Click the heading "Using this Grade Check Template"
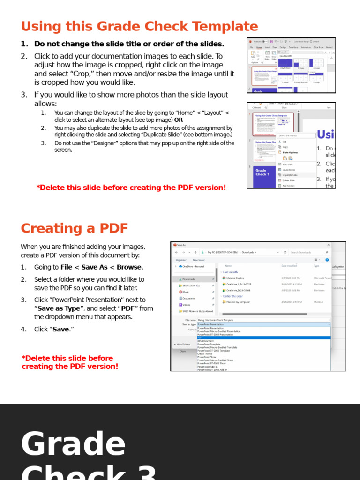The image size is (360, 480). (139, 26)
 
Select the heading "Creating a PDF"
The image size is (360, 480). (74, 228)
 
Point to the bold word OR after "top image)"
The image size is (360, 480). (179, 120)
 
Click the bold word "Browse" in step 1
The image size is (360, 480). (129, 267)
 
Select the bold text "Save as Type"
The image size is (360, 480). (59, 308)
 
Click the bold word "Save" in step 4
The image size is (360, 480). (60, 329)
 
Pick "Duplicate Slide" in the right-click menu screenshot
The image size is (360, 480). (290, 175)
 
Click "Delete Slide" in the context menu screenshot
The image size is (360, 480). (288, 180)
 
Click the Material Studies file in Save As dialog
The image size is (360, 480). (235, 278)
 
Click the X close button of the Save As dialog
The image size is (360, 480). (328, 245)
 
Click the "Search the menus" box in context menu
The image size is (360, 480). (296, 135)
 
